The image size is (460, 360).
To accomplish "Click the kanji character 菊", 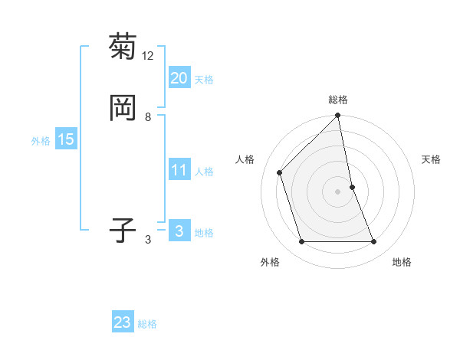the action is [x=123, y=47].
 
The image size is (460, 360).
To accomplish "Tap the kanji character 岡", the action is [x=123, y=108].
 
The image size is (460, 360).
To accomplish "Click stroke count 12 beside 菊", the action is [x=148, y=56].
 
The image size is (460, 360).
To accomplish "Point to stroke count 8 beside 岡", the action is [x=148, y=116].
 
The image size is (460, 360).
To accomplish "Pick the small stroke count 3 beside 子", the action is [x=148, y=240].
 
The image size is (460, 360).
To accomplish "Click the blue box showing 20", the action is [x=179, y=77].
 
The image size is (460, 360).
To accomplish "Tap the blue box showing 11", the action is [x=179, y=170].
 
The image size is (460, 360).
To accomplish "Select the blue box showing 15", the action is [x=65, y=139].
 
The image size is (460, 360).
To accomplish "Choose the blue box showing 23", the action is [x=123, y=322].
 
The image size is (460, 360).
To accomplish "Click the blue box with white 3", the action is [x=179, y=231].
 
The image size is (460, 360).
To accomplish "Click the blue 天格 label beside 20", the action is [x=204, y=80].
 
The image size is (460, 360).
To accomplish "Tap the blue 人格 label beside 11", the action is [x=204, y=172].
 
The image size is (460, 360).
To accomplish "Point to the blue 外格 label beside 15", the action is [x=41, y=141].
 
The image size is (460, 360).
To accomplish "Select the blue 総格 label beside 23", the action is [x=147, y=324].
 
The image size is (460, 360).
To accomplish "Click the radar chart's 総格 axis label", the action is [x=338, y=100].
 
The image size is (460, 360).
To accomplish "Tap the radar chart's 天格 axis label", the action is [x=432, y=159].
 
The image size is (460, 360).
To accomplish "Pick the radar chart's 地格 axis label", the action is [x=402, y=262].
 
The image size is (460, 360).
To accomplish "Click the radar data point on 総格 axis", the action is [x=338, y=116].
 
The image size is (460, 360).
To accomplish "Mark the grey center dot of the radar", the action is [x=338, y=191].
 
